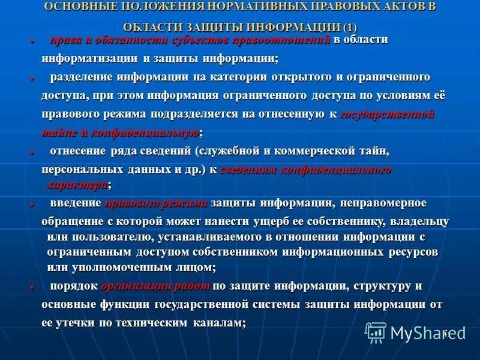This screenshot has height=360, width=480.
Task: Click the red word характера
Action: point(77,183)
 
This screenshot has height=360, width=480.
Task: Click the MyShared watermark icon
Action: point(376,332)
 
